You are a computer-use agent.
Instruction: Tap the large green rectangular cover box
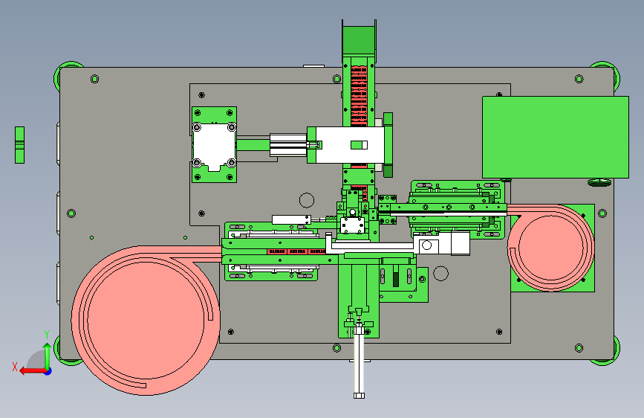pyautogui.click(x=556, y=137)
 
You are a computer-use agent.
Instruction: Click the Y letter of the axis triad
pyautogui.click(x=47, y=335)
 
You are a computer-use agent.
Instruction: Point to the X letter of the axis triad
pyautogui.click(x=15, y=367)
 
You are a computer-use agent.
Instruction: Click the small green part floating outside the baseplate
pyautogui.click(x=19, y=145)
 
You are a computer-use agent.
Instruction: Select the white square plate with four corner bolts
pyautogui.click(x=214, y=145)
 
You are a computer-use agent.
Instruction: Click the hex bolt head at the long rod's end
pyautogui.click(x=359, y=396)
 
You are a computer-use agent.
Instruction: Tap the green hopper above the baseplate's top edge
pyautogui.click(x=359, y=39)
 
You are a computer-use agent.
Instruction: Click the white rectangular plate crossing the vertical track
pyautogui.click(x=350, y=145)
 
